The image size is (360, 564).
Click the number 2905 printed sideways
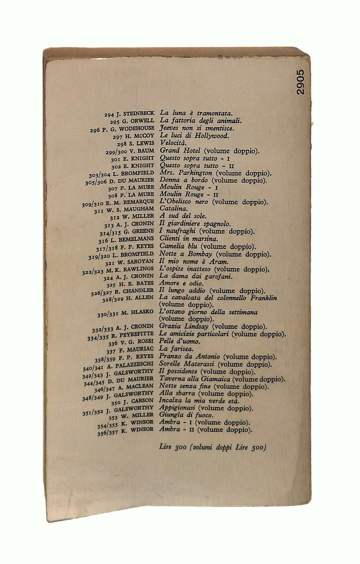[x=300, y=82]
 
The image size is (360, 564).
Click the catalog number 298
[x=122, y=144]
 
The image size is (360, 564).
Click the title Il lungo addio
[x=182, y=291]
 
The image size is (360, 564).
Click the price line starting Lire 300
[x=212, y=448]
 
